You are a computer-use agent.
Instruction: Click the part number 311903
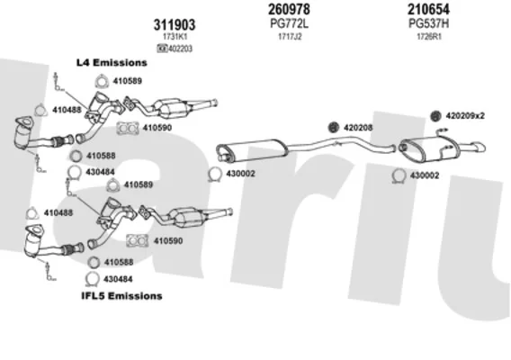click(175, 25)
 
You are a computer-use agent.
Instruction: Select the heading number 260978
click(289, 9)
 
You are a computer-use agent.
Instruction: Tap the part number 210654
click(428, 9)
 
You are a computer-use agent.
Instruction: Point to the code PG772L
click(289, 23)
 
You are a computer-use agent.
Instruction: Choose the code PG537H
click(428, 23)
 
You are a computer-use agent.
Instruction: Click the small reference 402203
click(180, 49)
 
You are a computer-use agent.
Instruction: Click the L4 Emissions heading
click(112, 63)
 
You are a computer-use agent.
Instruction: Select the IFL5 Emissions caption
click(121, 296)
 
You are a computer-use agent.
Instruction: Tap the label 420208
click(358, 128)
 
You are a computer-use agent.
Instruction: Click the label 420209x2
click(465, 116)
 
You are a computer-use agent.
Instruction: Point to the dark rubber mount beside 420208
click(334, 128)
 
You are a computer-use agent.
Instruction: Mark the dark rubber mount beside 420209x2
click(435, 116)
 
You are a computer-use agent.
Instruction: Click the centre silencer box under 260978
click(252, 149)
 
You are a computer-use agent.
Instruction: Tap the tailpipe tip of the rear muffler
click(481, 147)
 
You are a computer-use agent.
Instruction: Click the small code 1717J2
click(290, 37)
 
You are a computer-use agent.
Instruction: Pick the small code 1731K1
click(175, 36)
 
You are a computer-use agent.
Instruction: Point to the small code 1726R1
click(429, 37)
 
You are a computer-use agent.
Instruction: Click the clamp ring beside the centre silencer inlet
click(214, 174)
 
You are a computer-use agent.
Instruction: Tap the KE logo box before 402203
click(162, 49)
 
